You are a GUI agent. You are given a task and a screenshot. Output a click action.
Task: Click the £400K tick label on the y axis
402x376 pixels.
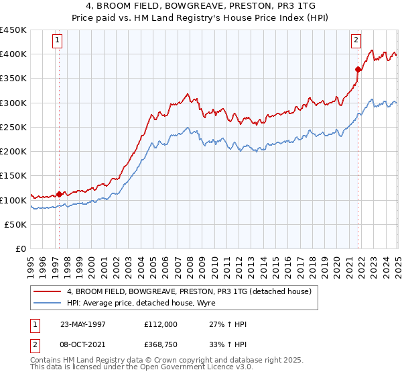13,54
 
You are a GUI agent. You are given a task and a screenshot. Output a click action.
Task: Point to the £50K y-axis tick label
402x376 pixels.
15,225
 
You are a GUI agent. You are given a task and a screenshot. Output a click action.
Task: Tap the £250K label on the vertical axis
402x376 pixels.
13,128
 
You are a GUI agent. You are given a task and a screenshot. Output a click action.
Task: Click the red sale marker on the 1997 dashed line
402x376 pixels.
59,194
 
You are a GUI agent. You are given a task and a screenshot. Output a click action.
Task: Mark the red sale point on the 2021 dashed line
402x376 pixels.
358,68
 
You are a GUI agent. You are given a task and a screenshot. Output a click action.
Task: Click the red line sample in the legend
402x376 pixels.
47,292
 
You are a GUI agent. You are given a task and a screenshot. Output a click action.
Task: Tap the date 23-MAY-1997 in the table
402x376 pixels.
83,324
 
